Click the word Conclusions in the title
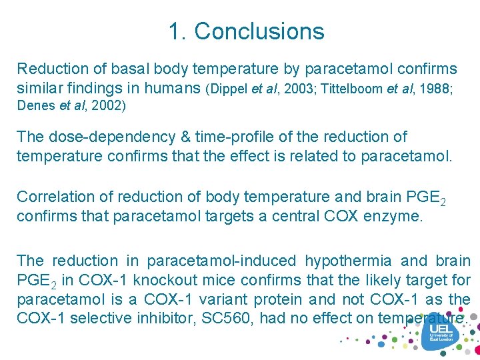[x=259, y=31]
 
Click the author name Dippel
[x=230, y=89]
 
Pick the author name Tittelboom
[x=352, y=89]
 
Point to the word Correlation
[x=56, y=197]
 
